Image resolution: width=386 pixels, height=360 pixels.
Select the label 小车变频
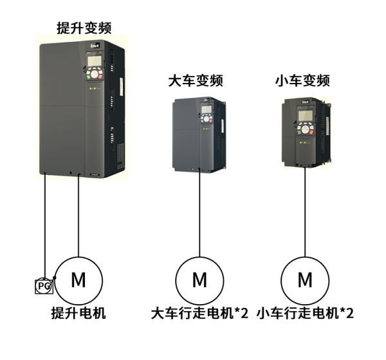point(302,81)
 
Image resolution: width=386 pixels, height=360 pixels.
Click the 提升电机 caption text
point(78,314)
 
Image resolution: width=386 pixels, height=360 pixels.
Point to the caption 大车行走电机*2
point(199,314)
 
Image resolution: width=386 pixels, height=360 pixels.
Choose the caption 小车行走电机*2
point(305,314)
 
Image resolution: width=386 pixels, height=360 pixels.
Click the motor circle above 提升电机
point(78,280)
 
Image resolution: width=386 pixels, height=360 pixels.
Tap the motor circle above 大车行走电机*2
point(199,280)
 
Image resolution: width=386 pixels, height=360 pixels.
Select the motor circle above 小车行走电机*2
point(305,280)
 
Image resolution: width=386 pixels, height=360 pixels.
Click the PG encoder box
point(44,285)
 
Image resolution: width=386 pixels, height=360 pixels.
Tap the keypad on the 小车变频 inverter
point(304,120)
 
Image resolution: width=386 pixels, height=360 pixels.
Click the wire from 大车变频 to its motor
point(199,212)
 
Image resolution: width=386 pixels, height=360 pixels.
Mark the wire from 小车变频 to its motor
point(305,212)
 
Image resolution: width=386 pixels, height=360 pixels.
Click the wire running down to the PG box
point(45,225)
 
